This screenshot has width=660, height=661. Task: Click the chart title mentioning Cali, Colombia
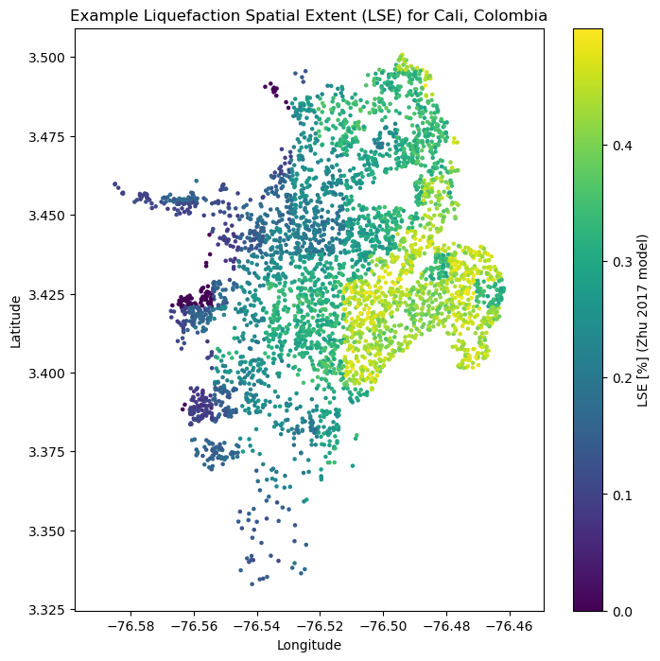pos(308,16)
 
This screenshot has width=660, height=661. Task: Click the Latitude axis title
pos(16,321)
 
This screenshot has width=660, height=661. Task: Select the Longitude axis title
pos(308,645)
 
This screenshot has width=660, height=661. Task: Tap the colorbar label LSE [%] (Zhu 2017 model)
pos(643,321)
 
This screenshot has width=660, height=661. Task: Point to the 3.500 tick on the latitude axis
pos(49,58)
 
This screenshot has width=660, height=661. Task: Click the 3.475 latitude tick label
pos(49,136)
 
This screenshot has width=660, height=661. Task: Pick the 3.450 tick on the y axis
pos(49,216)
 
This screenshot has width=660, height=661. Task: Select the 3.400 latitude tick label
pos(49,373)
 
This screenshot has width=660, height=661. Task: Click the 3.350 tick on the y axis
pos(49,531)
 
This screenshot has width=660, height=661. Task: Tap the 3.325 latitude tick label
pos(49,609)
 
